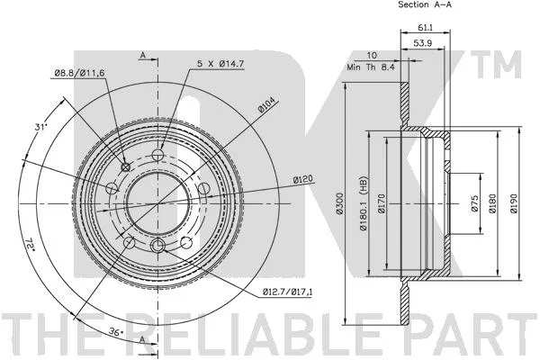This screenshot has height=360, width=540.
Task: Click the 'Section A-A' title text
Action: click(x=425, y=4)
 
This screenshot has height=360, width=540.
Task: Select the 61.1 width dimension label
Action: click(x=426, y=28)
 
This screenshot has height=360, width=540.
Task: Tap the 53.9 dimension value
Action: click(x=423, y=43)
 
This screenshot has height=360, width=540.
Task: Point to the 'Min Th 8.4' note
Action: click(x=370, y=67)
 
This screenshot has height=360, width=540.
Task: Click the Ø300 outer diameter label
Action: click(x=340, y=203)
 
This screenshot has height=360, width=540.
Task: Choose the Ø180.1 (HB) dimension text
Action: click(x=363, y=204)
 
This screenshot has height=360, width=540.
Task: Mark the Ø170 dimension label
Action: click(x=382, y=203)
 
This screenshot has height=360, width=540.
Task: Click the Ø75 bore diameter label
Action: click(x=475, y=203)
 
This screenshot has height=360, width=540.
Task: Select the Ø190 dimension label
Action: click(x=514, y=203)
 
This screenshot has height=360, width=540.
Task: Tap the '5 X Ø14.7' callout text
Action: click(x=220, y=64)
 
